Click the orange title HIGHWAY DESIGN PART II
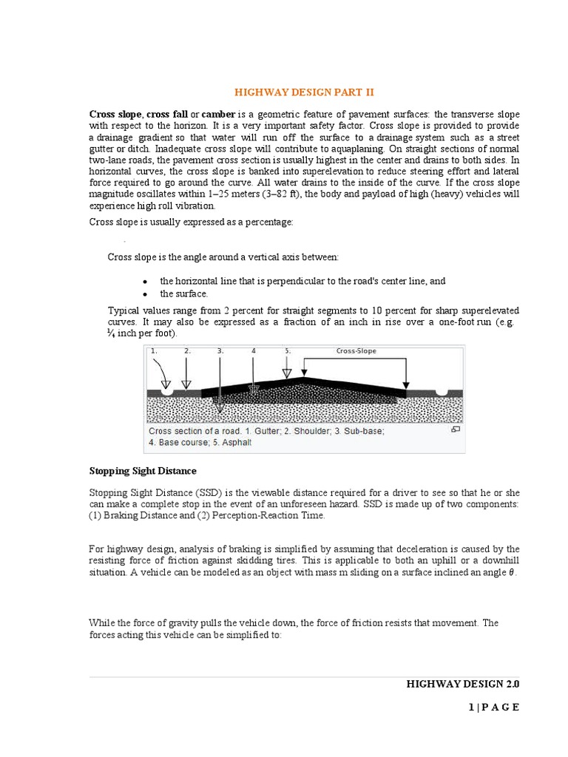point(305,92)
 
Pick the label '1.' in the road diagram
point(154,351)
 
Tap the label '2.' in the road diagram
point(187,351)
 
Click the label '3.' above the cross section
point(220,351)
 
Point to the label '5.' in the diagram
point(287,351)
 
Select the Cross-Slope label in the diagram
point(356,351)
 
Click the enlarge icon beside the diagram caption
point(456,429)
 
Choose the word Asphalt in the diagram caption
point(235,443)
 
